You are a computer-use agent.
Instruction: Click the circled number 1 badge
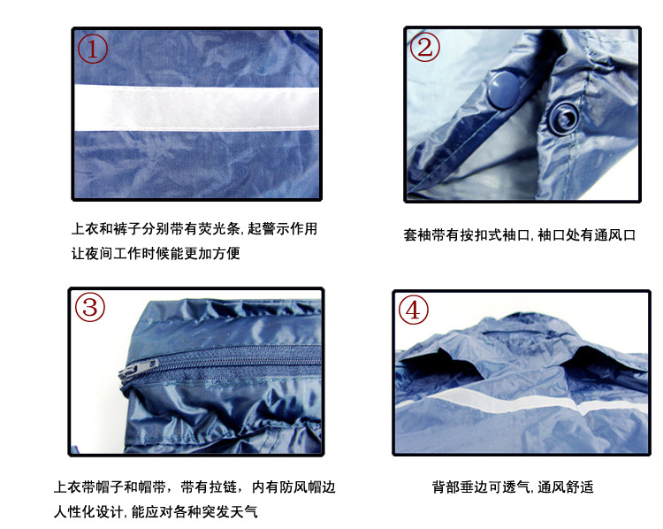(x=93, y=49)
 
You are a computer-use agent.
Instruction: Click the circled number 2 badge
(x=425, y=47)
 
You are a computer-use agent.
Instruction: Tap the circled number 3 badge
(x=90, y=307)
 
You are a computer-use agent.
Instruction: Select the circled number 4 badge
(x=413, y=310)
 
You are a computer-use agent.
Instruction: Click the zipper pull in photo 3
(x=139, y=368)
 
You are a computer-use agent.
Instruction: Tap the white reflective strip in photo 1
(x=196, y=107)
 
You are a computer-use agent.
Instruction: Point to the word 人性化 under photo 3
(x=74, y=512)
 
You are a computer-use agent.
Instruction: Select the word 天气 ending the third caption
(x=244, y=512)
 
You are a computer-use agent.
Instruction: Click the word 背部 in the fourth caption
(x=446, y=487)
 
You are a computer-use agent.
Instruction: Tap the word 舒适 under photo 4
(x=580, y=487)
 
